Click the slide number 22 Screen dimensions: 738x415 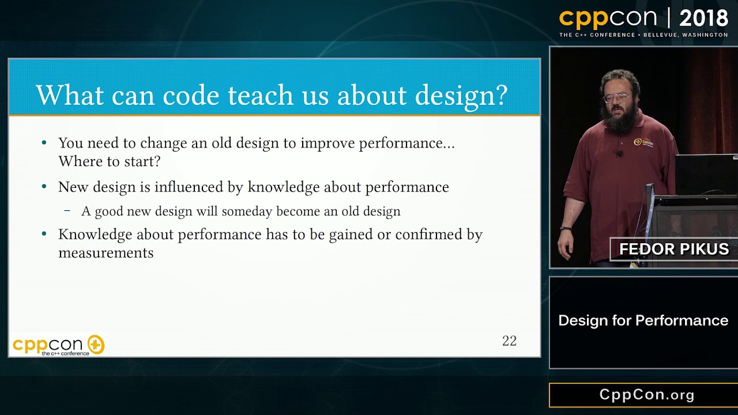pos(509,341)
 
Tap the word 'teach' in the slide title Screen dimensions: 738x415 pos(260,95)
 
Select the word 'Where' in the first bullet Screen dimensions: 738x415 pos(80,161)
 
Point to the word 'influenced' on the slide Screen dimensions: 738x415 pos(189,187)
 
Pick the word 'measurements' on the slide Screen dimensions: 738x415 pos(106,253)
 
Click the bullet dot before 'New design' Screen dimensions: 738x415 pos(44,187)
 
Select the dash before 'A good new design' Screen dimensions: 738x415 pos(67,211)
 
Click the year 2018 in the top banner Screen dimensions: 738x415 pos(703,18)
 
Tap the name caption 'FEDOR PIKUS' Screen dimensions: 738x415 pos(674,249)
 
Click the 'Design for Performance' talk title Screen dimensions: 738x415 pos(643,320)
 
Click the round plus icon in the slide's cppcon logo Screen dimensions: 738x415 pos(96,345)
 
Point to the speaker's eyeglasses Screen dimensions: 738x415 pos(617,98)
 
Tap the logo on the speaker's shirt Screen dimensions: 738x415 pos(643,142)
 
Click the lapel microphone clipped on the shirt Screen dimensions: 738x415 pos(619,153)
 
